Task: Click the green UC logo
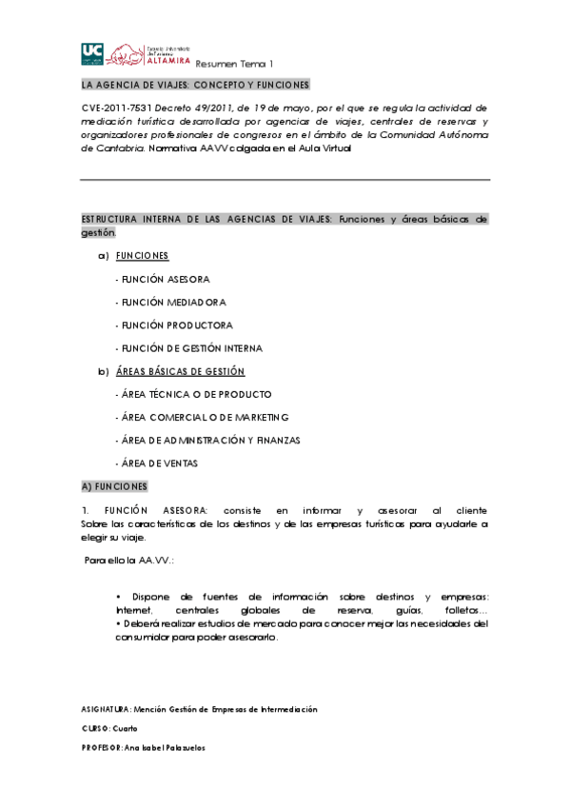click(x=92, y=53)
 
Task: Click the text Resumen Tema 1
click(x=234, y=64)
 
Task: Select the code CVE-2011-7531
click(x=116, y=108)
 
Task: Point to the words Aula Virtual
click(x=323, y=148)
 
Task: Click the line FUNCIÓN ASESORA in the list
click(x=162, y=279)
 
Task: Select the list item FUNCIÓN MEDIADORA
click(x=169, y=302)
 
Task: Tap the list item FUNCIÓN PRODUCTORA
click(x=173, y=325)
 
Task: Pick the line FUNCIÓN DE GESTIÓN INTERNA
click(x=187, y=348)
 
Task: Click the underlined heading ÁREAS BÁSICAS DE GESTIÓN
click(x=180, y=371)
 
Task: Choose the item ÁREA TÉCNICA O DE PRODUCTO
click(x=192, y=394)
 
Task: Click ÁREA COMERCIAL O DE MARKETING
click(x=201, y=417)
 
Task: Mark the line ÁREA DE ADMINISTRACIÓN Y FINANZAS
click(x=206, y=440)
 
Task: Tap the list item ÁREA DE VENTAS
click(x=157, y=463)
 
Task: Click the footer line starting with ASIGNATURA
click(x=200, y=709)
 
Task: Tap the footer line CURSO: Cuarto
click(x=110, y=728)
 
